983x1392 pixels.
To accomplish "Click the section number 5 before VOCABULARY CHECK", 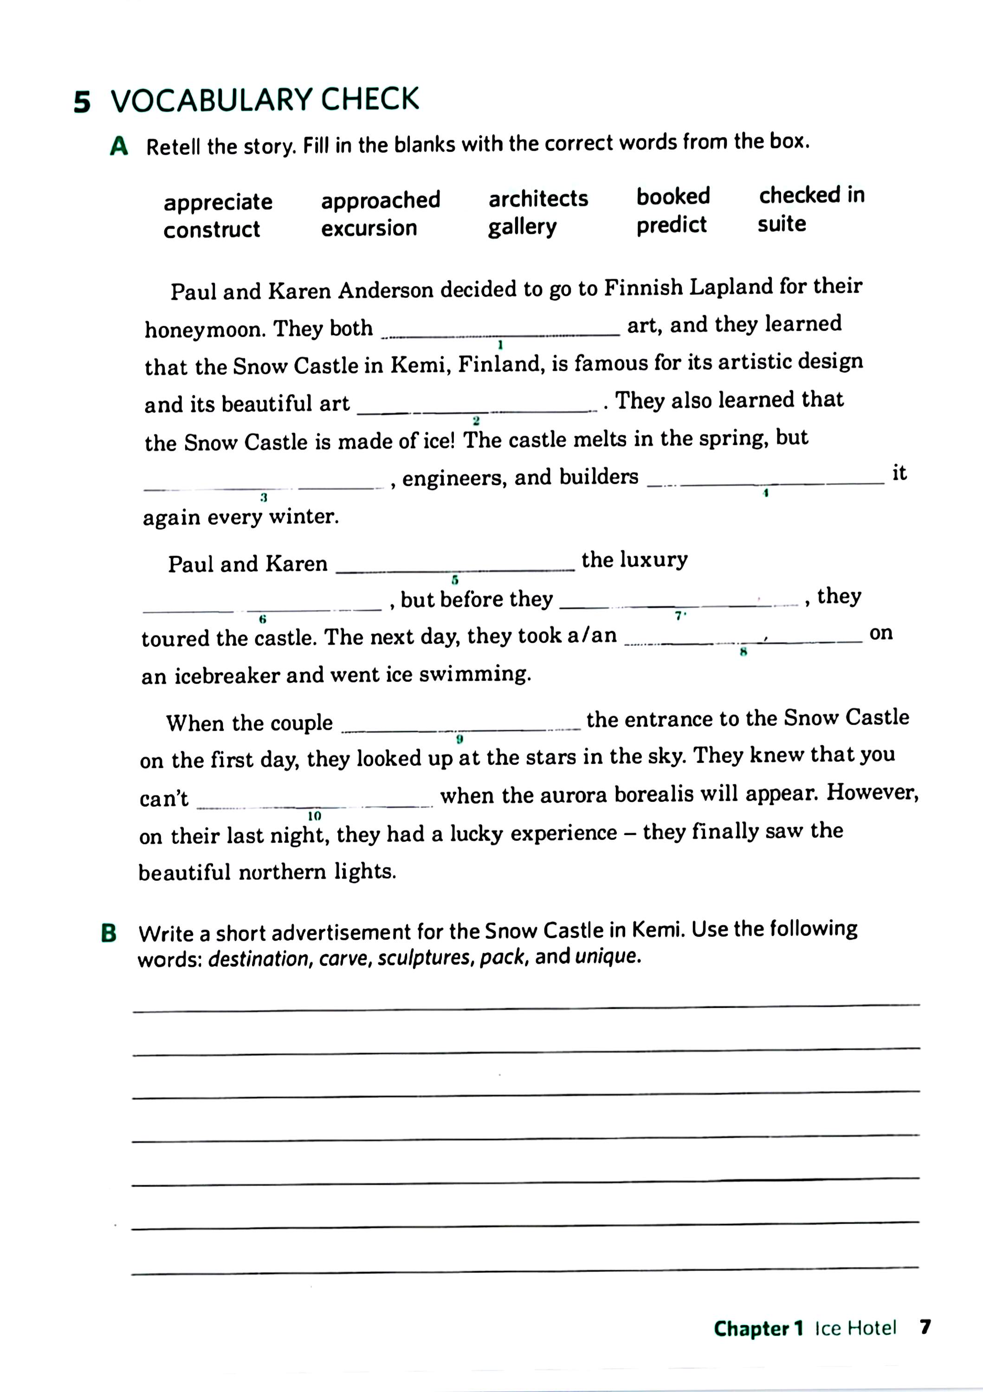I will pos(82,102).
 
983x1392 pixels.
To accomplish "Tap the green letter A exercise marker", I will pos(119,146).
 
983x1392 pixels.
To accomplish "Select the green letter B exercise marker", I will pos(109,933).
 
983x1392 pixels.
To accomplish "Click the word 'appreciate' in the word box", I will pos(218,202).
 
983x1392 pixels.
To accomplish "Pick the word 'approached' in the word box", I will pos(380,200).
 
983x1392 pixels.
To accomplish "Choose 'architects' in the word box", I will pos(538,198).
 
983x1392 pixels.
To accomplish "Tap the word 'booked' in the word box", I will pos(673,196).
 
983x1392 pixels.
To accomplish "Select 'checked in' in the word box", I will pos(811,194).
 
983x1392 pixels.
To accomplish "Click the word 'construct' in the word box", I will pos(212,230).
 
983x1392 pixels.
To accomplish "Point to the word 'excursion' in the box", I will pos(369,228).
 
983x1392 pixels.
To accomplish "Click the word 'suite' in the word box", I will pos(781,224).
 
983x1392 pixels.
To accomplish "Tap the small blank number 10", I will pos(314,816).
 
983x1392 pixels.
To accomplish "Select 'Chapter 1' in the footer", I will pos(758,1328).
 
